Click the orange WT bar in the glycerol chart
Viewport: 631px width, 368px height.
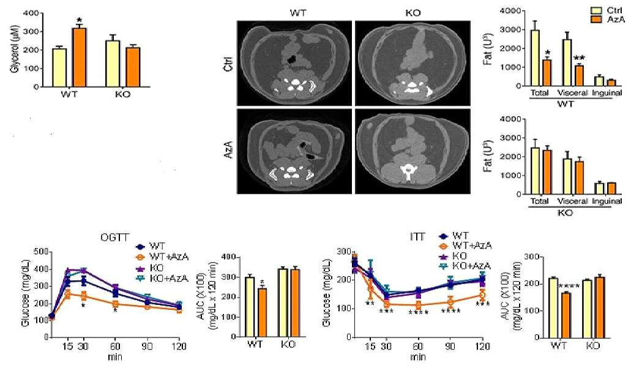79,57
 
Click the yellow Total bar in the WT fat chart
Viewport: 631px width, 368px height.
535,58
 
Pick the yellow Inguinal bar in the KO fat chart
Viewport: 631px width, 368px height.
600,189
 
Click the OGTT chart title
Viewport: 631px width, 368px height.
114,238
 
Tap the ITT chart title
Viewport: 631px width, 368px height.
417,237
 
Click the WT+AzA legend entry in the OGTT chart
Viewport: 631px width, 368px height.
162,257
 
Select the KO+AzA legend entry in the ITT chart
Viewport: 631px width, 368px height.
465,266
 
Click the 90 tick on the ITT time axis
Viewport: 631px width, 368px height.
450,346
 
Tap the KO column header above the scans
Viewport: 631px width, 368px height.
413,13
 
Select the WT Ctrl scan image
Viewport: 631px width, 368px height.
294,63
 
